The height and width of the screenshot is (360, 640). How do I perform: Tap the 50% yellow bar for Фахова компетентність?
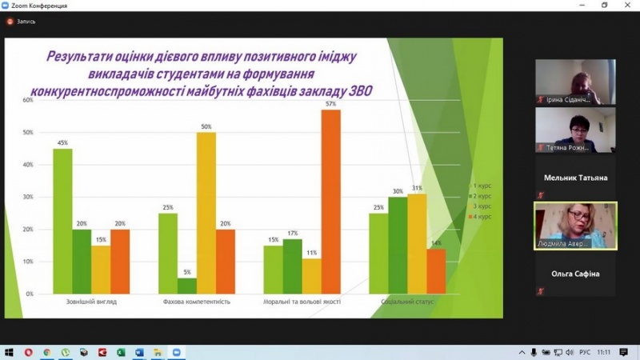(x=206, y=213)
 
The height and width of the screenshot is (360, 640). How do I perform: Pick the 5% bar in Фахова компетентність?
(x=186, y=286)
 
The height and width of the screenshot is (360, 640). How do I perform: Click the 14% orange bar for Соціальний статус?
(x=436, y=271)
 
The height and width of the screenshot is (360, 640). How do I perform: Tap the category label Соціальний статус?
(x=407, y=302)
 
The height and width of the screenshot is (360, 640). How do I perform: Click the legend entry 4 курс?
(x=482, y=216)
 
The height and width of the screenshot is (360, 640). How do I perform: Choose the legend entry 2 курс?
(x=482, y=196)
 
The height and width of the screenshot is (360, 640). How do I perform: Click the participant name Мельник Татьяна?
(x=575, y=178)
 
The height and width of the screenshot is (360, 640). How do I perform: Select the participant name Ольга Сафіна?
(x=575, y=274)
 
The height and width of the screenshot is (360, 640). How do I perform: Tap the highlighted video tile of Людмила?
(x=575, y=226)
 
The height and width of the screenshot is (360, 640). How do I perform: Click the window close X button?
(x=627, y=6)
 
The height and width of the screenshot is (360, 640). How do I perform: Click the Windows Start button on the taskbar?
(x=10, y=352)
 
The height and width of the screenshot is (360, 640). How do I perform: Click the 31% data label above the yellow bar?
(x=417, y=188)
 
